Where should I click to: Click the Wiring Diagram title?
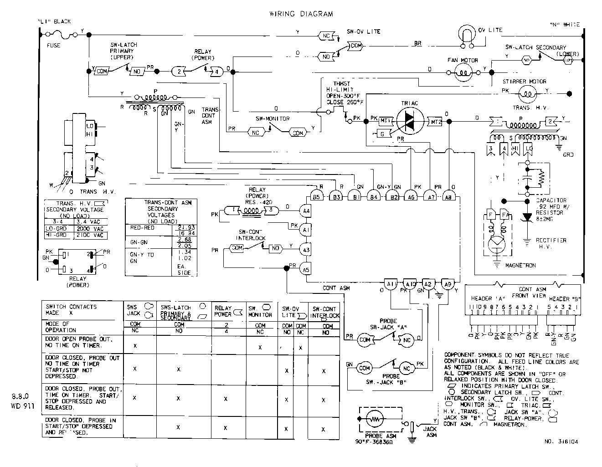301,14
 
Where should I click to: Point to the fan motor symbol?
463,71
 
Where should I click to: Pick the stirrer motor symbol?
528,94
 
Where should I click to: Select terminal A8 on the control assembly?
449,197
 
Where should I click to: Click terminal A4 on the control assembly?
306,210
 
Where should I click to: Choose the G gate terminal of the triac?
381,133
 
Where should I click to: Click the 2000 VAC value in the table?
89,229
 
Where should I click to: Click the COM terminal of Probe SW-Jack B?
364,368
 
